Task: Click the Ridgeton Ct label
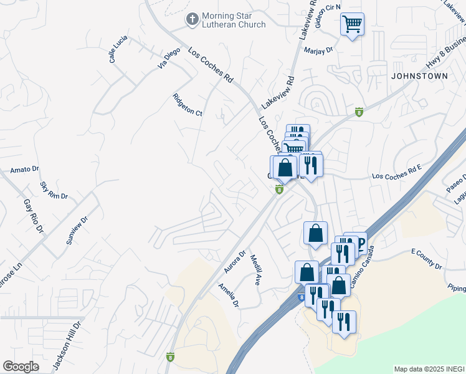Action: click(x=188, y=105)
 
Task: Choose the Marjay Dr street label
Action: click(x=319, y=51)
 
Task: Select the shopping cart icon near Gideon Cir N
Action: click(x=352, y=25)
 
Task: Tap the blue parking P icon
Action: click(x=359, y=242)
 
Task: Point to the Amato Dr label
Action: click(x=25, y=169)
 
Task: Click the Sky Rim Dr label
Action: click(x=54, y=191)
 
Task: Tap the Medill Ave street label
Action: click(x=255, y=270)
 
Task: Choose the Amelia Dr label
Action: click(x=229, y=295)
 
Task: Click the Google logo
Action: click(x=21, y=367)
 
